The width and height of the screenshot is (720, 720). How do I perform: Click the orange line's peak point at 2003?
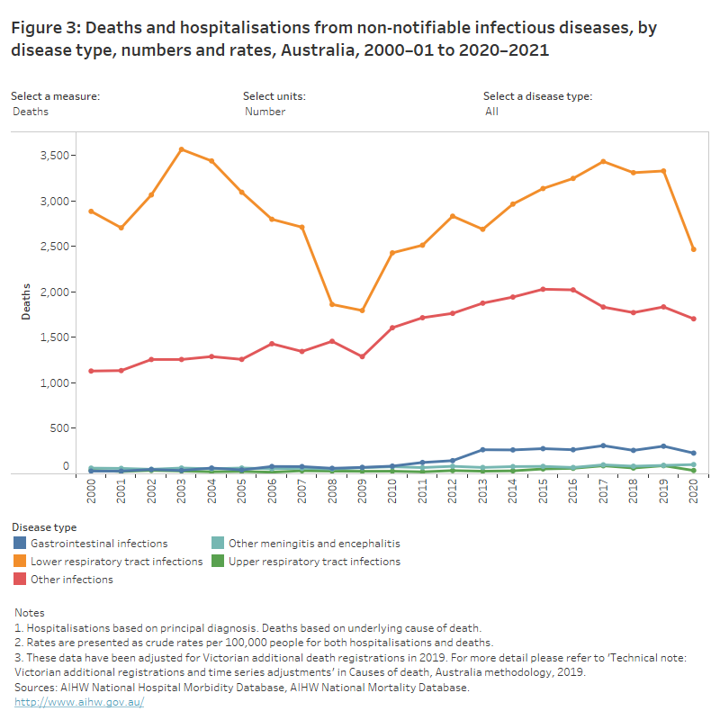point(182,149)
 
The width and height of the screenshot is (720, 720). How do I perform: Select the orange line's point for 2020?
point(693,249)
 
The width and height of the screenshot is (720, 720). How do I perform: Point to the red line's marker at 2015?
point(543,289)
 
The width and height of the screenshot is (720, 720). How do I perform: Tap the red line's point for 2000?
point(91,371)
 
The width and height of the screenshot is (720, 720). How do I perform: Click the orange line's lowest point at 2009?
point(362,310)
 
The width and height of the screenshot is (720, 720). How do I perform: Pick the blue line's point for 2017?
point(603,445)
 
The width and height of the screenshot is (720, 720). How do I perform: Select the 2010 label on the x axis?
point(392,492)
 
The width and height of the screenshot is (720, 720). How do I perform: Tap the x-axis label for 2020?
point(693,492)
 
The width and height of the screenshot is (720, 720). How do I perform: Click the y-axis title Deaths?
point(28,302)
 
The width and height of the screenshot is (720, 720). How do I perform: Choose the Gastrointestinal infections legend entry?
point(99,544)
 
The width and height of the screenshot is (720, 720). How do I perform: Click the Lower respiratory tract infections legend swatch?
point(20,562)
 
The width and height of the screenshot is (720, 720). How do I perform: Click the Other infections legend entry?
point(72,580)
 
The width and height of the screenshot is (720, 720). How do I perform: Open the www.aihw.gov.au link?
point(79,701)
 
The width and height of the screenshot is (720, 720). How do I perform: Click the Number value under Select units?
point(265,112)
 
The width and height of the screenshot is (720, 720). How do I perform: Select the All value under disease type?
point(491,112)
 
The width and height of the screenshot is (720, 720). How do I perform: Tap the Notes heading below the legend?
point(30,613)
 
